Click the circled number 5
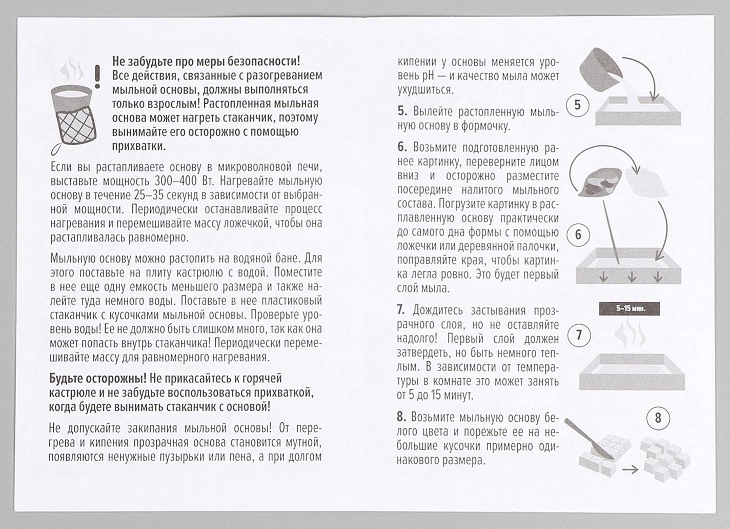(578, 106)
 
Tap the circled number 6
(578, 235)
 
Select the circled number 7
(579, 336)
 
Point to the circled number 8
(658, 418)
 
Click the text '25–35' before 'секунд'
(148, 195)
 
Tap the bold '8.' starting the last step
(402, 417)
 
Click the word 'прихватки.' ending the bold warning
(138, 146)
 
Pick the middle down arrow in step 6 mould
(632, 278)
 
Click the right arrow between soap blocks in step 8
(630, 469)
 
